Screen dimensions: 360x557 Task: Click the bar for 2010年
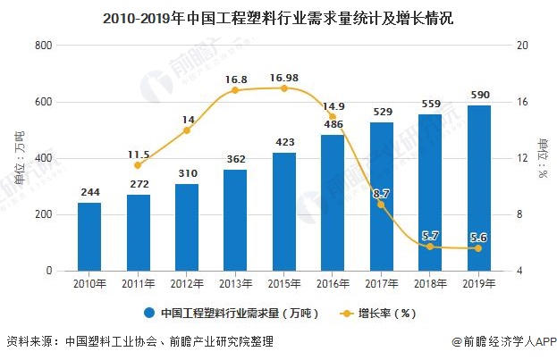89,236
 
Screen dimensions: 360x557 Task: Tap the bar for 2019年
478,188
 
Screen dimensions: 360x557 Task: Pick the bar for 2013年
235,220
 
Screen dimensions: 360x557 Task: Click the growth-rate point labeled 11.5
139,165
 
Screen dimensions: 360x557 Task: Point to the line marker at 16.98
284,88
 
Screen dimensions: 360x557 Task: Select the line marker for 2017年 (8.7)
382,205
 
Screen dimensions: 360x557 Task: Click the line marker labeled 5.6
478,248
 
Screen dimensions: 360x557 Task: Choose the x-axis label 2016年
333,283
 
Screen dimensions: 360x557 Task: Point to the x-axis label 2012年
187,283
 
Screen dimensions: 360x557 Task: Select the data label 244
89,192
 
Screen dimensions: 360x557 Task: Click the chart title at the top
278,15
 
